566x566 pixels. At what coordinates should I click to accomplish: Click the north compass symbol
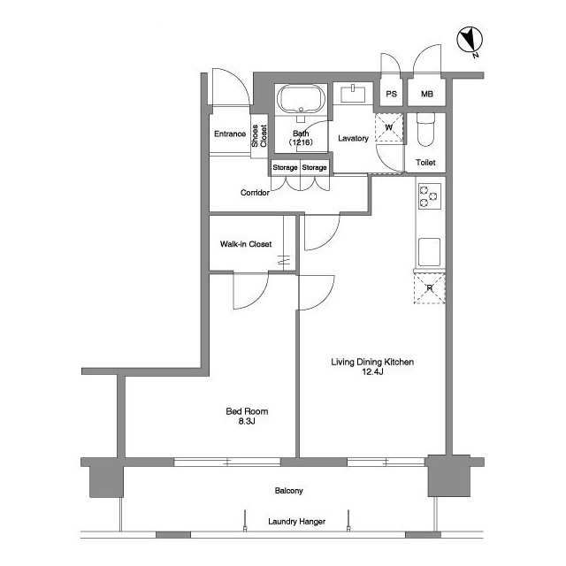[470, 40]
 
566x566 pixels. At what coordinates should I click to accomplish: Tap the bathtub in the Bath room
[301, 99]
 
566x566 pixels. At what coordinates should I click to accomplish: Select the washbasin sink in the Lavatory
[353, 94]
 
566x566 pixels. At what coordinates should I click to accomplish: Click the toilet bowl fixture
[425, 129]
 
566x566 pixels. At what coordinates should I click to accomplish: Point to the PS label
[391, 94]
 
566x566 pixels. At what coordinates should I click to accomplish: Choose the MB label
[427, 94]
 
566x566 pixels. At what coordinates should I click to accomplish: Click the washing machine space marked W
[389, 127]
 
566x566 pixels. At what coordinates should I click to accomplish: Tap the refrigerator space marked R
[429, 288]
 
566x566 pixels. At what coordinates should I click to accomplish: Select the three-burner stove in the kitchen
[429, 196]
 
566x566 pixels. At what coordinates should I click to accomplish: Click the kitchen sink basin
[429, 252]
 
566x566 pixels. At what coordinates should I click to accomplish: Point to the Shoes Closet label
[259, 135]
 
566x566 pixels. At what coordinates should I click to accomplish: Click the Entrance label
[230, 134]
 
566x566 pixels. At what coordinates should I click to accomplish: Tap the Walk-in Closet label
[246, 244]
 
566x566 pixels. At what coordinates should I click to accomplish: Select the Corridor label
[255, 193]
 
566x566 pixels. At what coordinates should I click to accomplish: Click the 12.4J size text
[372, 371]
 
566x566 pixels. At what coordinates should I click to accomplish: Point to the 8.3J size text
[247, 421]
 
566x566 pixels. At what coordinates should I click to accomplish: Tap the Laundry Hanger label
[297, 522]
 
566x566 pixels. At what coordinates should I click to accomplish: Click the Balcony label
[289, 491]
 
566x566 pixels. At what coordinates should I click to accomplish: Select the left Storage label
[285, 167]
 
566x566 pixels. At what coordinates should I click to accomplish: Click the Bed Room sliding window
[227, 462]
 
